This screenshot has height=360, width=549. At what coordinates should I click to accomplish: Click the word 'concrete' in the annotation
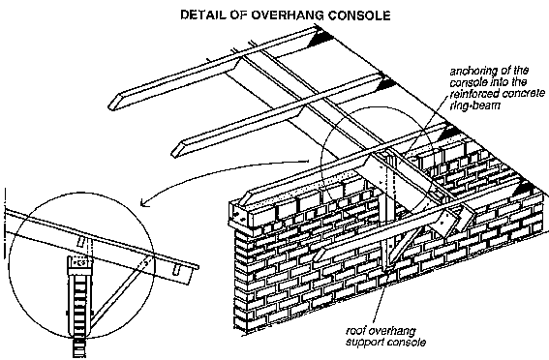click(524, 94)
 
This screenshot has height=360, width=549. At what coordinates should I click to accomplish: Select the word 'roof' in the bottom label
click(354, 331)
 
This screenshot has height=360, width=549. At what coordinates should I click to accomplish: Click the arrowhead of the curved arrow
click(143, 203)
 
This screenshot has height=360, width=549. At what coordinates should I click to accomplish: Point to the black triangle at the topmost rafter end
click(320, 38)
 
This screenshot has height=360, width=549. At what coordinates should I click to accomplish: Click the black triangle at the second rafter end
click(385, 83)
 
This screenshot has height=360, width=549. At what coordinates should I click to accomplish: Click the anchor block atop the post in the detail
click(79, 261)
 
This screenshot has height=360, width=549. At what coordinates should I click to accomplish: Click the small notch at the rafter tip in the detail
click(177, 269)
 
